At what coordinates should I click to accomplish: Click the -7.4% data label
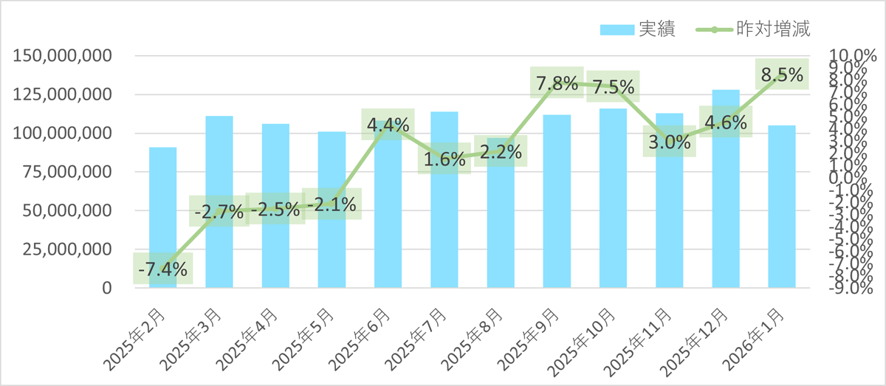click(162, 269)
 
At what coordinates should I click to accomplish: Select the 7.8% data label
click(557, 83)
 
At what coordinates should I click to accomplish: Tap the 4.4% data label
click(388, 125)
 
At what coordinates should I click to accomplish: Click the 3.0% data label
click(669, 142)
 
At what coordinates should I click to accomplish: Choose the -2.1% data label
click(332, 204)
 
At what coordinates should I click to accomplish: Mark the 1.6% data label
click(444, 158)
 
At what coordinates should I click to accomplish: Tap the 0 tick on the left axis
click(107, 288)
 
